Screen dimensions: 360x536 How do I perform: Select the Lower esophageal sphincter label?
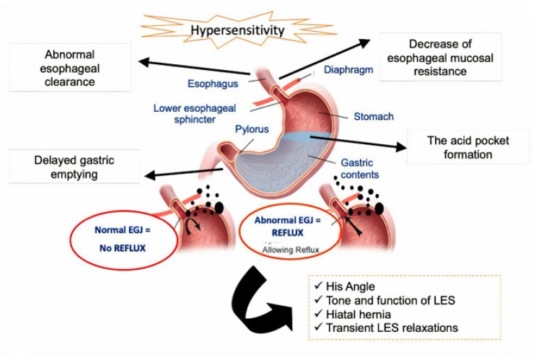(189, 114)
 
